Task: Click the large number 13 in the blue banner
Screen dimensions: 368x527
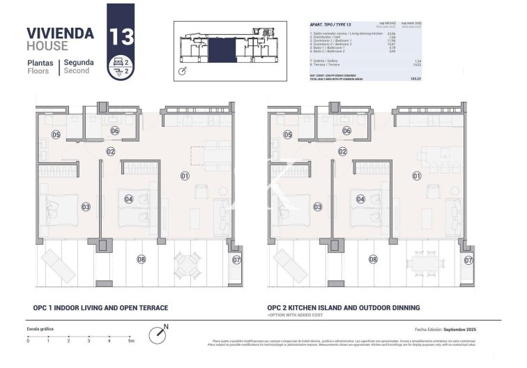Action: [x=121, y=36]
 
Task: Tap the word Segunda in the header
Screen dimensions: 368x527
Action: [x=79, y=62]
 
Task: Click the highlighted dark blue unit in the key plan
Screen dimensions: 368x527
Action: [x=224, y=49]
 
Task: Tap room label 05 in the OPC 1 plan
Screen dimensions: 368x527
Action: [x=56, y=135]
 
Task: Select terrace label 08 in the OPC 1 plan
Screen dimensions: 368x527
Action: [x=142, y=259]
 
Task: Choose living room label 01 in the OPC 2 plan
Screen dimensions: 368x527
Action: [x=417, y=176]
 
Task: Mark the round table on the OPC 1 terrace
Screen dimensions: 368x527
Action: [x=186, y=263]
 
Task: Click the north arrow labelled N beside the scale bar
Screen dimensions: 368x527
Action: [x=162, y=332]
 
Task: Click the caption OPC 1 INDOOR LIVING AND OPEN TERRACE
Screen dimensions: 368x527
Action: [x=100, y=307]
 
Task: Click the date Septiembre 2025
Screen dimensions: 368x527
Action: [x=463, y=329]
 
